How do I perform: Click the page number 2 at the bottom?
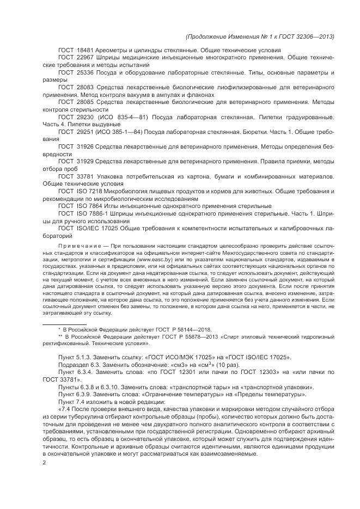pyautogui.click(x=44, y=463)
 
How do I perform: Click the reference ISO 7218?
pyautogui.click(x=88, y=192)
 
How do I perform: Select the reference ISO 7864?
pyautogui.click(x=88, y=206)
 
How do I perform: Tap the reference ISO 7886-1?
pyautogui.click(x=90, y=214)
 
